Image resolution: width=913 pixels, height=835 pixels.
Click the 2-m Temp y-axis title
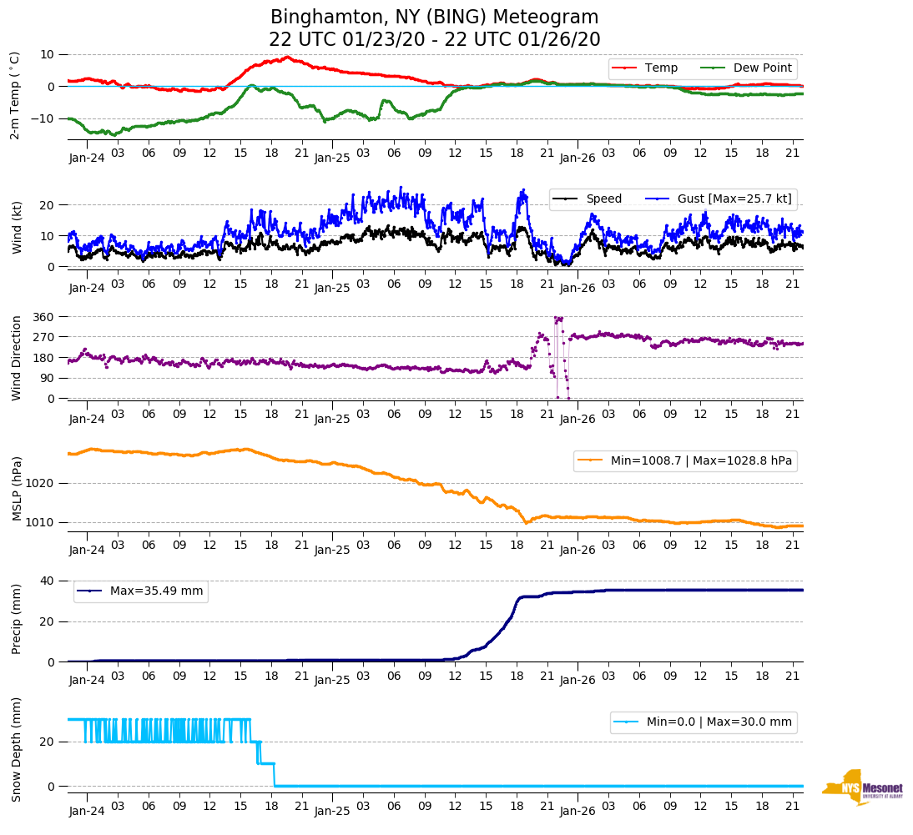pos(14,94)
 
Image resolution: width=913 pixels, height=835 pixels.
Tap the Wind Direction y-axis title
pos(16,358)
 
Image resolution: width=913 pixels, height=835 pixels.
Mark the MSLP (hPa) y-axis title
pos(16,488)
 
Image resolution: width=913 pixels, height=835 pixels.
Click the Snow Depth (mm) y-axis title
pos(16,749)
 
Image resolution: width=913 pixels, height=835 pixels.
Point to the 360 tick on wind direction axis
pos(43,317)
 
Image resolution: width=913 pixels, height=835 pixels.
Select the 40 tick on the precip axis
pos(48,581)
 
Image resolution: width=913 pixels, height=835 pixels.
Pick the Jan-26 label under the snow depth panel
pos(577,811)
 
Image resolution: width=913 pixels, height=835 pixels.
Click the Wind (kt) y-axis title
pos(16,227)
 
